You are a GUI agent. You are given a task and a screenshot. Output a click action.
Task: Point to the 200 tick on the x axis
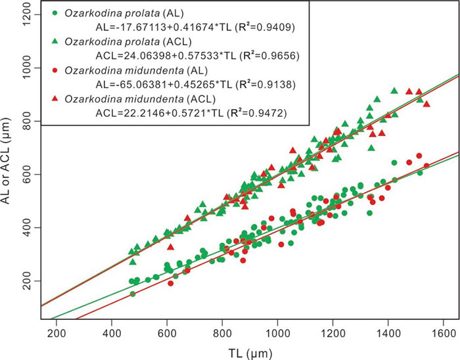click(x=56, y=326)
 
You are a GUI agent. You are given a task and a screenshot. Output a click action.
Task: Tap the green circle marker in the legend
click(x=52, y=12)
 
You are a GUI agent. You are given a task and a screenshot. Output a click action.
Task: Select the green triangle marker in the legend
click(x=52, y=41)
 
